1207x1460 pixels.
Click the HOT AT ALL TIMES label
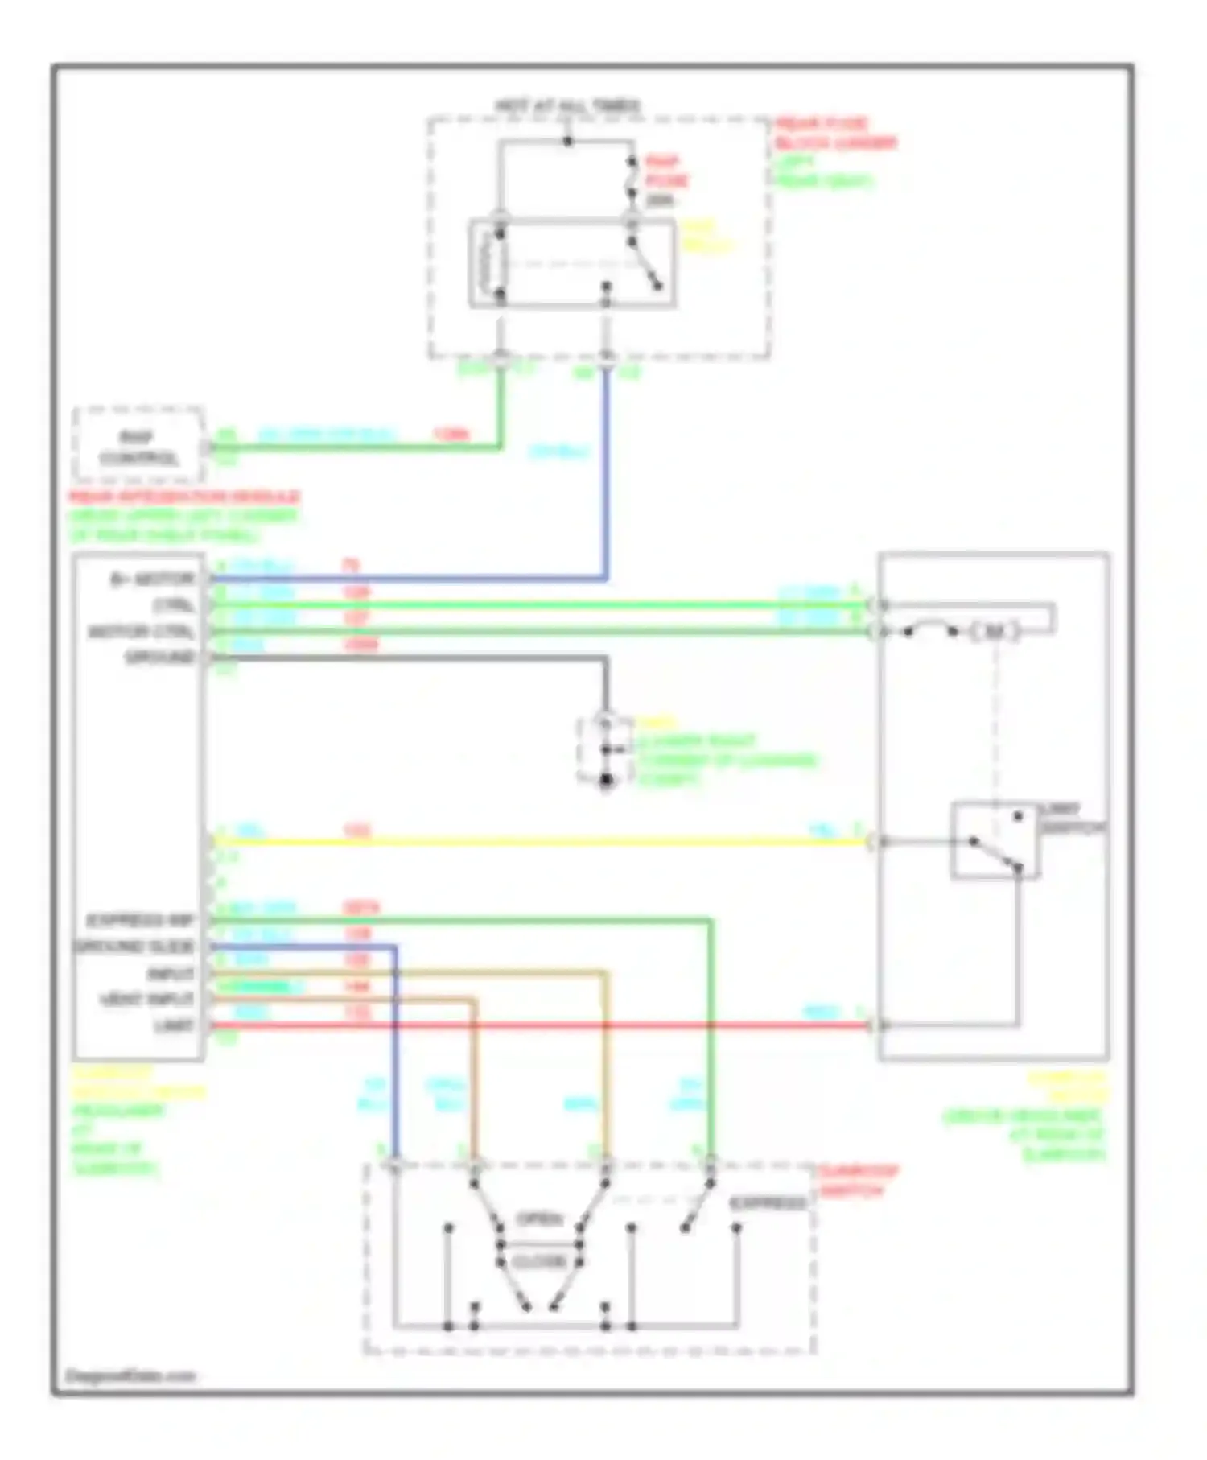[567, 105]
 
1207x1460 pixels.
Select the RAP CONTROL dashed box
[138, 447]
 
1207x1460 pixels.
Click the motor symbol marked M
[995, 632]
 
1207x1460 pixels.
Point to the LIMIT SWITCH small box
[995, 840]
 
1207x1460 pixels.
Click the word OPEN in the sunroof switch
[539, 1219]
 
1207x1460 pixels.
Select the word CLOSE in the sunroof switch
[539, 1262]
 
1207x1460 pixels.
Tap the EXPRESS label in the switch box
[768, 1203]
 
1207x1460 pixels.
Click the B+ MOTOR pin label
[153, 579]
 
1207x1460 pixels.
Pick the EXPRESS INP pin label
[140, 921]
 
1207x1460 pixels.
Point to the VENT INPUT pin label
[146, 1000]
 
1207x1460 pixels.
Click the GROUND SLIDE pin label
[134, 947]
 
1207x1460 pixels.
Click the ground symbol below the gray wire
[606, 781]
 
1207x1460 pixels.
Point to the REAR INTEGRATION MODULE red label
[184, 497]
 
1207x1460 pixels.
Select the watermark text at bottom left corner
[130, 1376]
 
